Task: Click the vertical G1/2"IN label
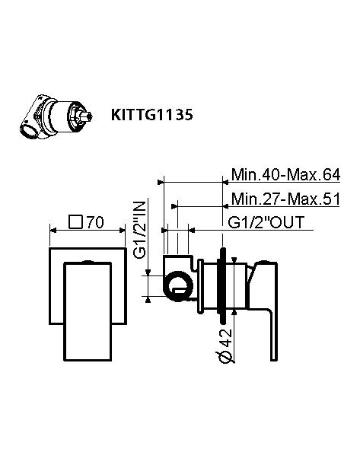(x=140, y=229)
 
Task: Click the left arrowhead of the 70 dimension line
(x=52, y=231)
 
